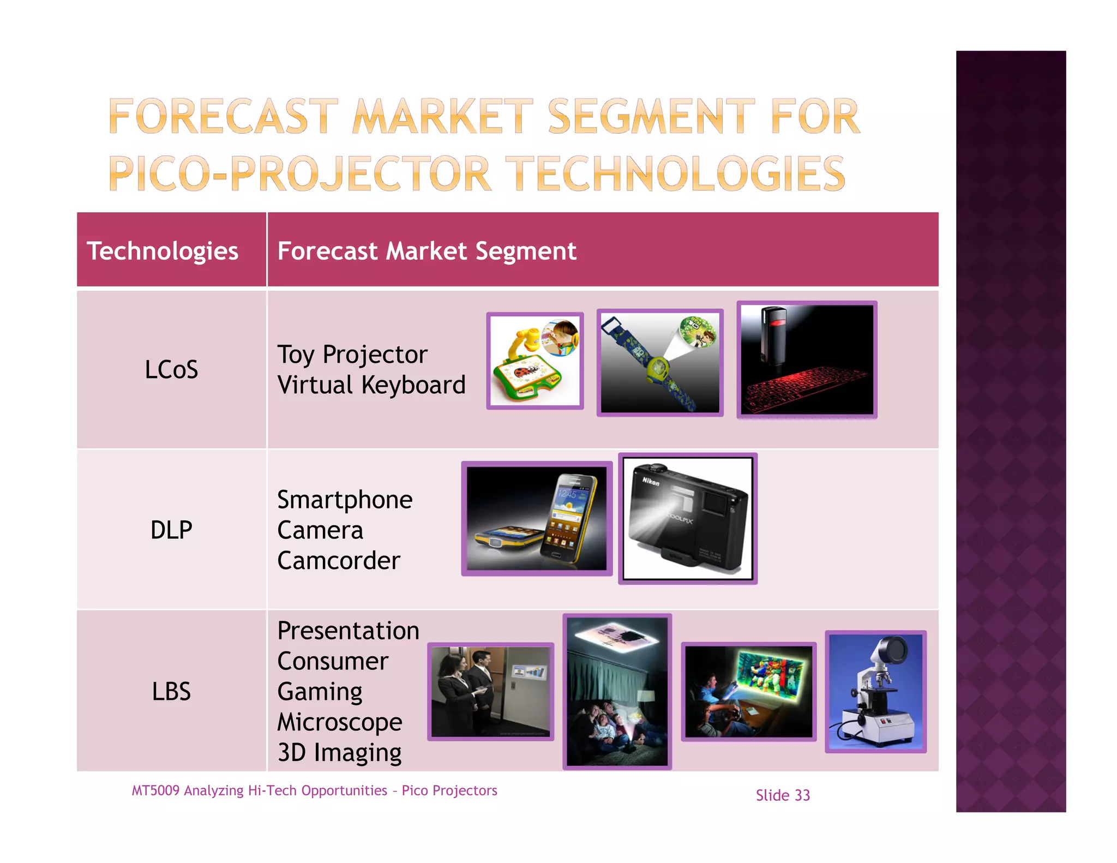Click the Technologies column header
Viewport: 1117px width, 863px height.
[x=163, y=251]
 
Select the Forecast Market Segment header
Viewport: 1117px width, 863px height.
[x=427, y=251]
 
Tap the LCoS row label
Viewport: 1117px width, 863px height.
[x=171, y=369]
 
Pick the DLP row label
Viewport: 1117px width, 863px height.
[x=171, y=530]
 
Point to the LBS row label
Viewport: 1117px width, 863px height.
[x=171, y=691]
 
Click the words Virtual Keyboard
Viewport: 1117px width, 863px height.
[x=371, y=385]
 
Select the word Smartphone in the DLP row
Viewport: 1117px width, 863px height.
[x=345, y=500]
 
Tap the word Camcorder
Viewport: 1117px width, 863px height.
[x=339, y=561]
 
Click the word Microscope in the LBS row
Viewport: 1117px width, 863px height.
[x=340, y=722]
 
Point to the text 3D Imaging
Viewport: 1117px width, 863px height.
[x=339, y=753]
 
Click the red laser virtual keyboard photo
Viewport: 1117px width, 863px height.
[x=807, y=360]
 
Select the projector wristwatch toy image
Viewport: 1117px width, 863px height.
[x=660, y=363]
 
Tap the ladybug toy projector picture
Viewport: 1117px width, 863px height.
[x=535, y=361]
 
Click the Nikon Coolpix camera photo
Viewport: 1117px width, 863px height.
[x=688, y=519]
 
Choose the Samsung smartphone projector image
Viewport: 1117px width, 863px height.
[x=537, y=519]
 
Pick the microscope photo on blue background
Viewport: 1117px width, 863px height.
[x=875, y=692]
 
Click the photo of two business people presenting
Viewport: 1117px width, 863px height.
[x=490, y=692]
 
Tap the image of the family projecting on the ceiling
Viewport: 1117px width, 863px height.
[x=617, y=692]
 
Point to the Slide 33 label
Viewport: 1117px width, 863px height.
[x=783, y=795]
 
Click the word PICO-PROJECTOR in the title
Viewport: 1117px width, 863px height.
[x=300, y=173]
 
